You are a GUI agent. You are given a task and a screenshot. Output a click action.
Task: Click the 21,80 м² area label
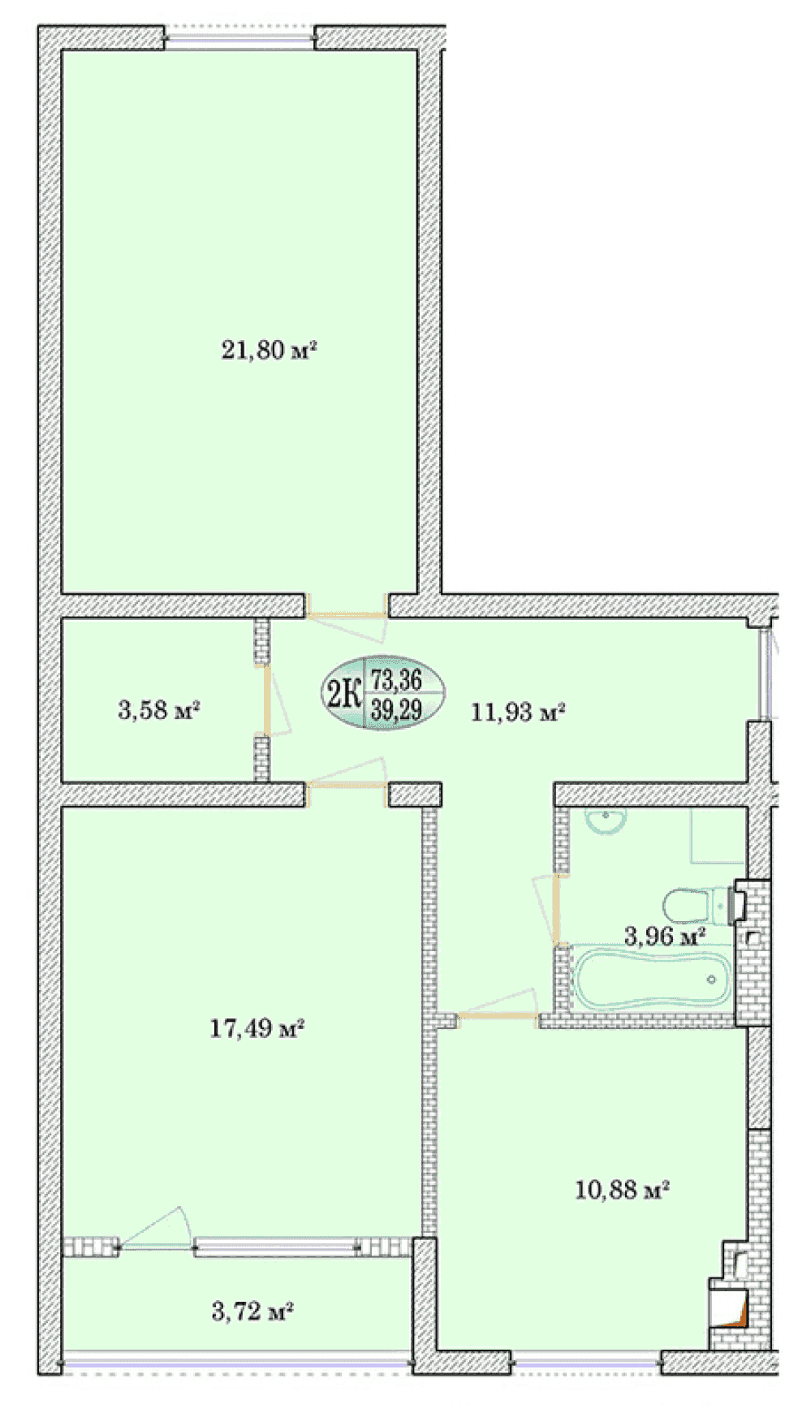click(269, 351)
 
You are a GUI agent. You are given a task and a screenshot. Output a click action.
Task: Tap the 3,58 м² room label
click(159, 710)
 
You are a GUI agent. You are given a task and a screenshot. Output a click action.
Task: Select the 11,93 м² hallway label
click(518, 713)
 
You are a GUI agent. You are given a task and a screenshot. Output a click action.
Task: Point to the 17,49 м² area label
click(257, 1028)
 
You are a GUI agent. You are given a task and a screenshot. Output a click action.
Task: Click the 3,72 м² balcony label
click(252, 1311)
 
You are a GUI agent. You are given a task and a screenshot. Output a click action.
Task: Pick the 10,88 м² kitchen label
click(622, 1190)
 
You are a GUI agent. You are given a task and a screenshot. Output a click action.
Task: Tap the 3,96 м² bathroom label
click(664, 936)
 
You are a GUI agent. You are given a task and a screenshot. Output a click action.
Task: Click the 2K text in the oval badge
click(343, 694)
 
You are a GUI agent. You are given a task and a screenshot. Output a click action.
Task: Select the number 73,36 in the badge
click(396, 678)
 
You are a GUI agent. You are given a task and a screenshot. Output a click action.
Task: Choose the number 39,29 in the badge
click(396, 709)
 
